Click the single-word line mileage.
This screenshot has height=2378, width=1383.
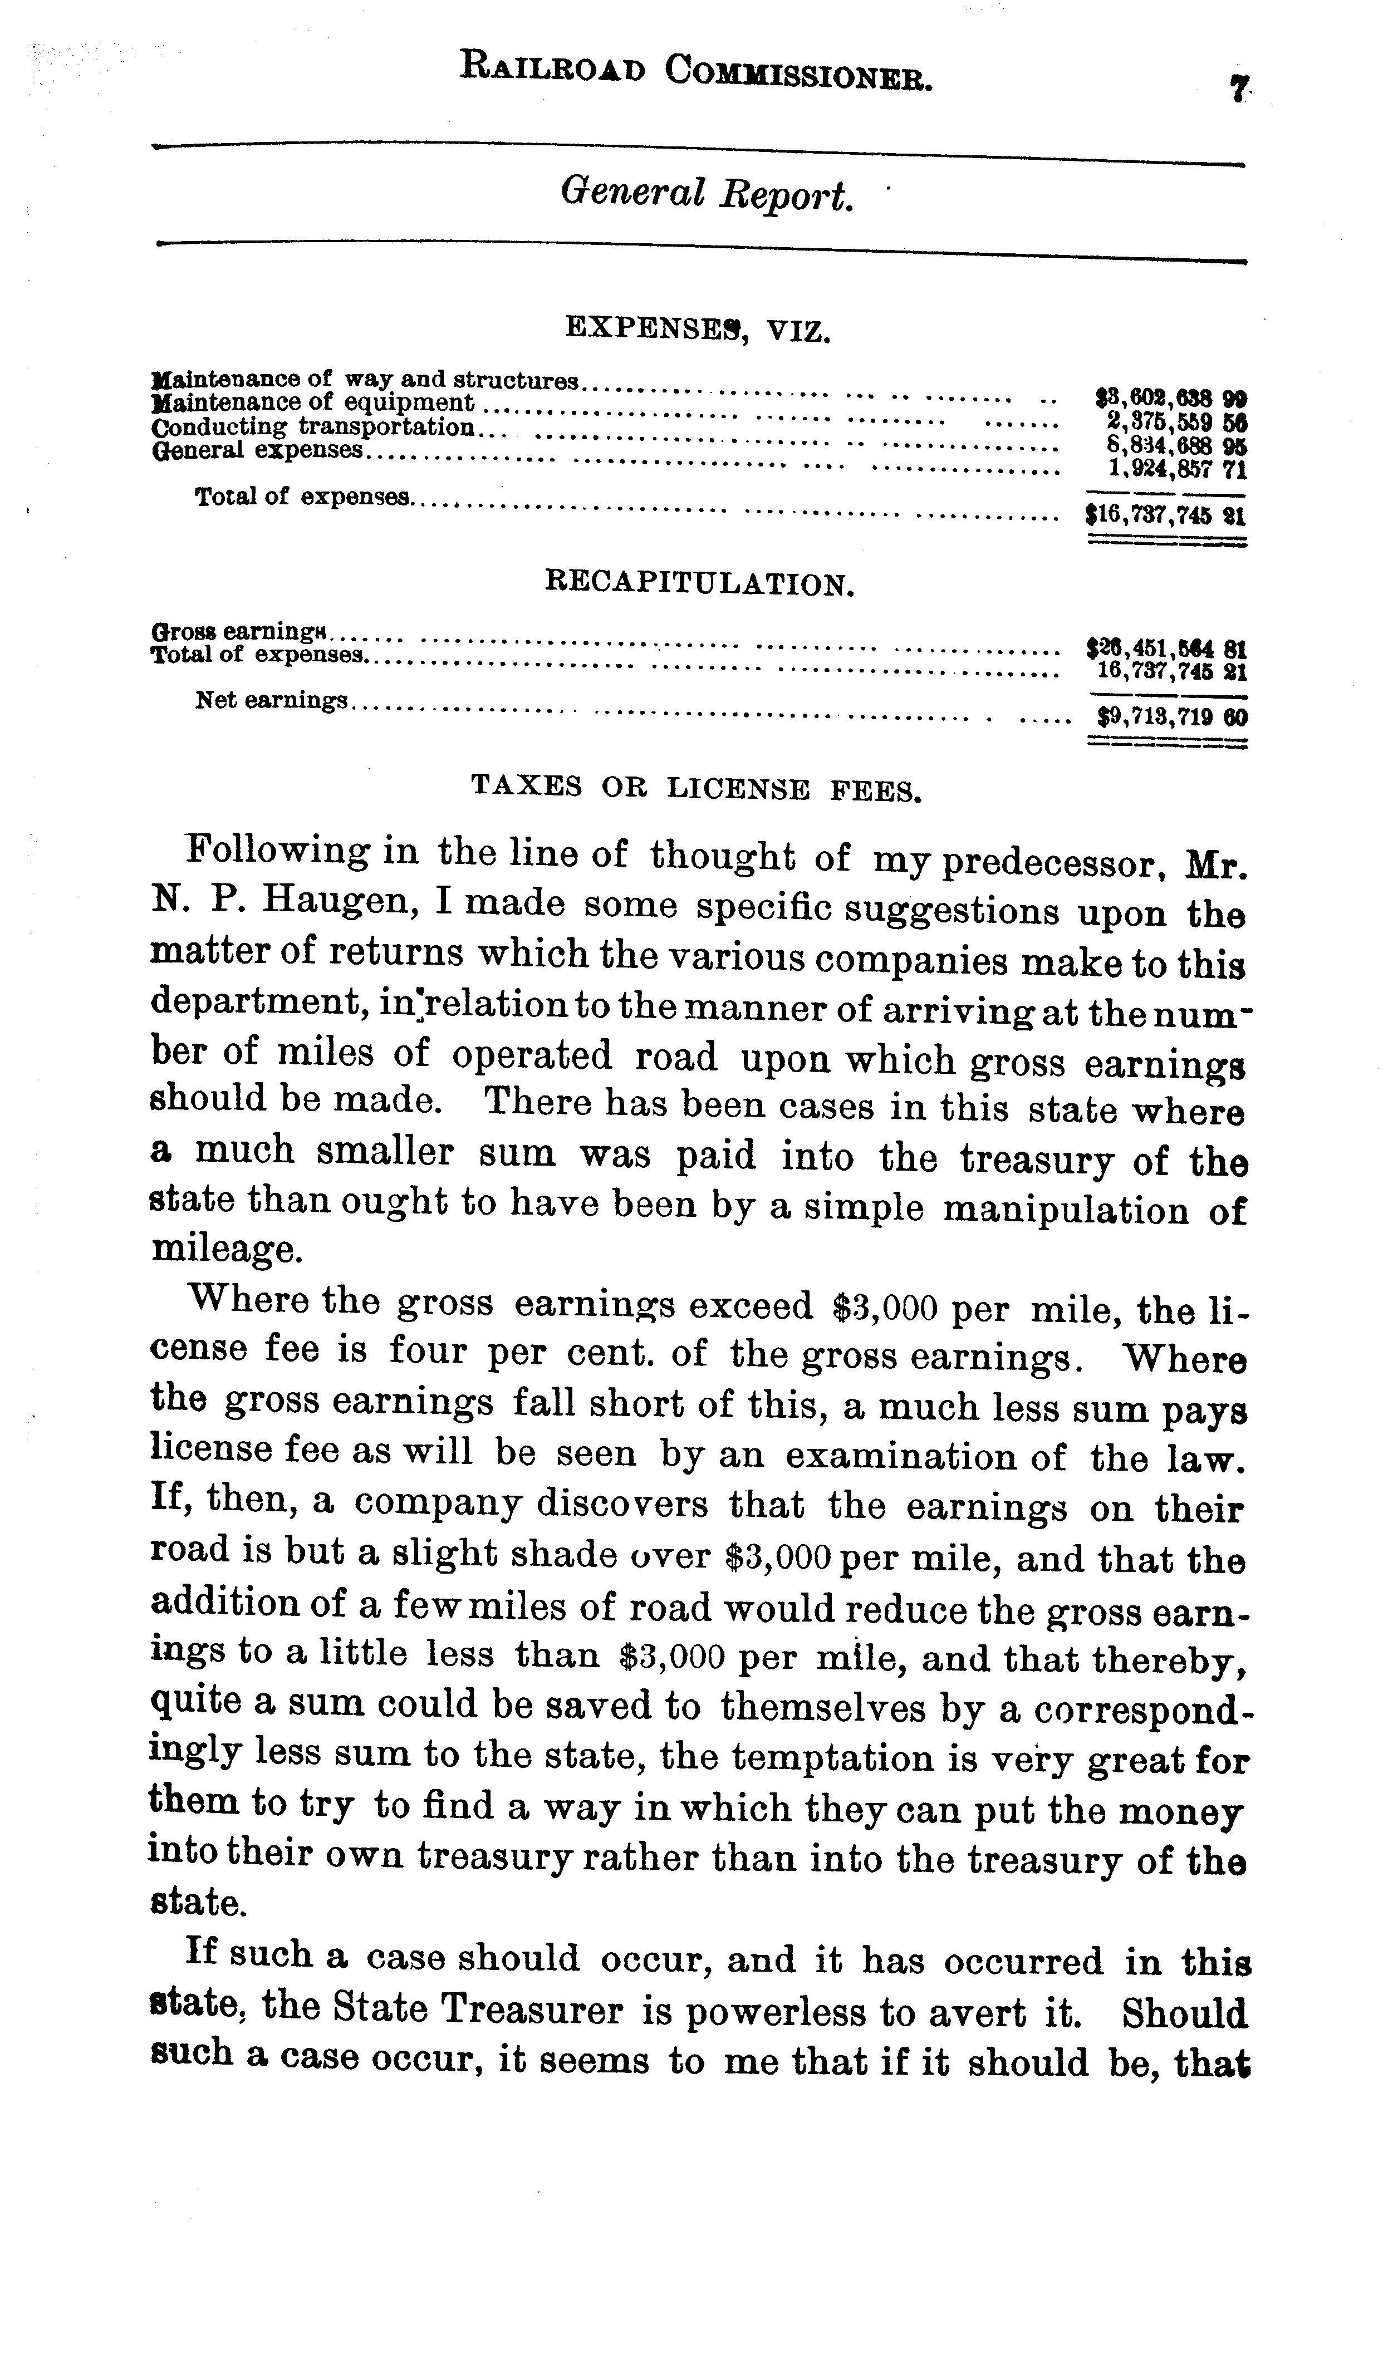click(x=227, y=1249)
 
